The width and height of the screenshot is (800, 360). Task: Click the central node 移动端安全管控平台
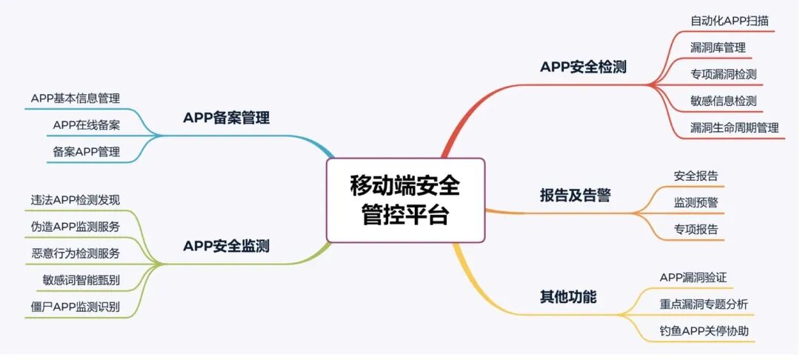click(x=405, y=200)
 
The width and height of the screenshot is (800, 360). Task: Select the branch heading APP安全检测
click(x=583, y=67)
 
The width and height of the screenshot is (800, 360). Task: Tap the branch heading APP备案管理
click(x=226, y=118)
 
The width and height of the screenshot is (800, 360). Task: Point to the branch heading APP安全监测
click(x=226, y=246)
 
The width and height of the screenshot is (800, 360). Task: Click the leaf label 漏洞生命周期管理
click(x=734, y=127)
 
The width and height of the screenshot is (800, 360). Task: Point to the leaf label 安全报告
click(x=696, y=176)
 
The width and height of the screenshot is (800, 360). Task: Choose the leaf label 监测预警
click(x=696, y=202)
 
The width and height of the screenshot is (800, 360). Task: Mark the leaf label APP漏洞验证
click(x=693, y=278)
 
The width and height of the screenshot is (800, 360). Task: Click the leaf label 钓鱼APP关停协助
click(x=704, y=330)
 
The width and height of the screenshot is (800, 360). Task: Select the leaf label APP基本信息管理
click(x=76, y=99)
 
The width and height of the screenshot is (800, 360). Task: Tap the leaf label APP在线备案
click(x=87, y=125)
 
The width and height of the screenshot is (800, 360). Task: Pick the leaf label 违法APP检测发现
click(x=76, y=199)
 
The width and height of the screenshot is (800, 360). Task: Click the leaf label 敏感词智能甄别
click(x=81, y=279)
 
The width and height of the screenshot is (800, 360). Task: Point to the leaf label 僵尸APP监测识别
click(x=76, y=306)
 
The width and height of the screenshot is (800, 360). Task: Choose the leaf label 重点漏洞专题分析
click(x=704, y=304)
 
